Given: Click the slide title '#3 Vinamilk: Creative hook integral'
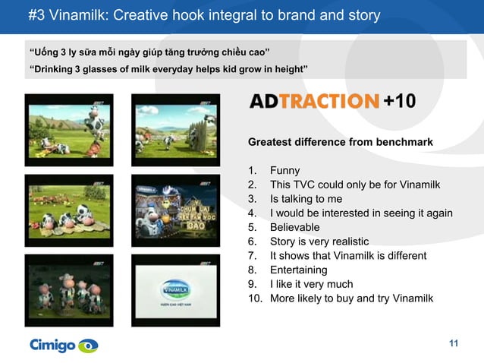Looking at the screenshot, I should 204,15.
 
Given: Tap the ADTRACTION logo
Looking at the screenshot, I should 313,101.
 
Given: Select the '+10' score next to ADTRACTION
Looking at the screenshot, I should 399,101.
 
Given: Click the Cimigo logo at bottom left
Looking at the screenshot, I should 64,346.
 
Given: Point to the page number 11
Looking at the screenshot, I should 454,345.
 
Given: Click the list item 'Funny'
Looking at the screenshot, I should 284,171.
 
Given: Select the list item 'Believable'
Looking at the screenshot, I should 294,227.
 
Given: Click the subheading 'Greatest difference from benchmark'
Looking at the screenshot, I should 341,142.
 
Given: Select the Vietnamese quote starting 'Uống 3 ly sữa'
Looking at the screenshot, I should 149,52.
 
